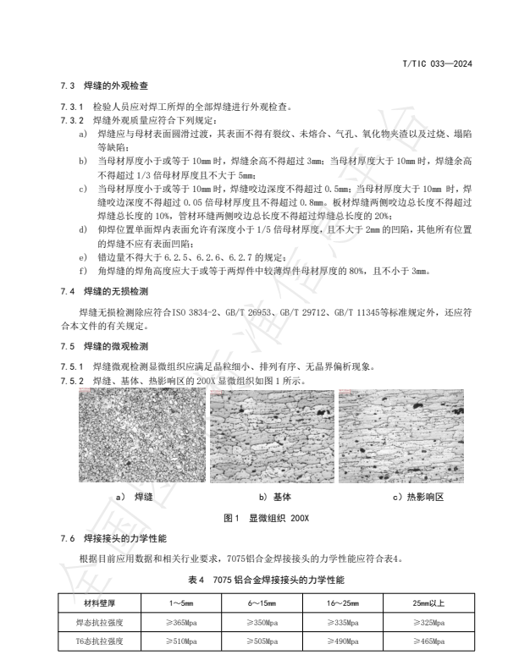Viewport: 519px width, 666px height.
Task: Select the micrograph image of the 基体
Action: [270, 438]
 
